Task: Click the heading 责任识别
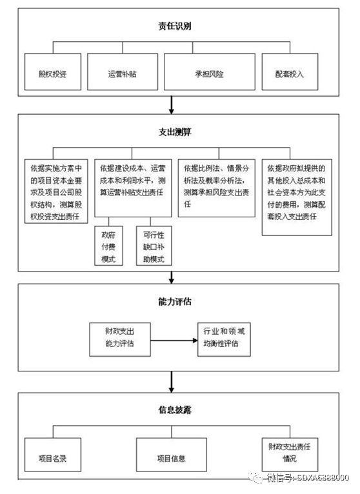(x=174, y=26)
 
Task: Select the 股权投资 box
(x=52, y=74)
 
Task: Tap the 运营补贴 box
(x=122, y=74)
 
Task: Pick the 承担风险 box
(x=207, y=74)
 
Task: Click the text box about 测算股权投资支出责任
(x=57, y=191)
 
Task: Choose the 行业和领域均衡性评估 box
(x=222, y=338)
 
